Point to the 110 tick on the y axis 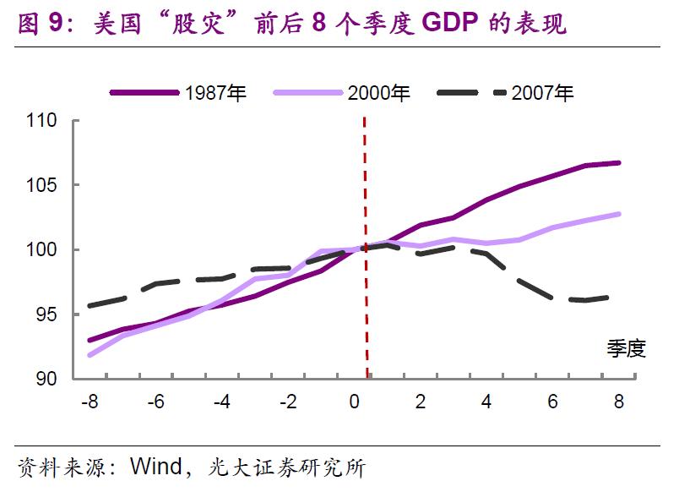pyautogui.click(x=41, y=121)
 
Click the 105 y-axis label pyautogui.click(x=41, y=185)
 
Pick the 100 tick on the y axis pyautogui.click(x=41, y=250)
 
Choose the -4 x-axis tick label pyautogui.click(x=221, y=402)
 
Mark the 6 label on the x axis pyautogui.click(x=553, y=402)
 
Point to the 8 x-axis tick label pyautogui.click(x=619, y=402)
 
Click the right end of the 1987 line pyautogui.click(x=619, y=162)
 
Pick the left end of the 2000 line pyautogui.click(x=90, y=355)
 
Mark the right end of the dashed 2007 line pyautogui.click(x=619, y=297)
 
